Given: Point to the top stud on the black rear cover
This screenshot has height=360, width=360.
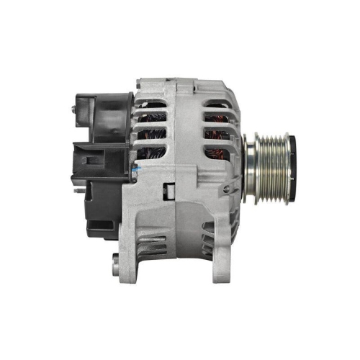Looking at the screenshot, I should click(x=75, y=109).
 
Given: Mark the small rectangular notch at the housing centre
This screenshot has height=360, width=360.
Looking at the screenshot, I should click(x=170, y=192).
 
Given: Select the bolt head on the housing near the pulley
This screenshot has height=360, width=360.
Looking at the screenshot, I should click(x=228, y=189).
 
